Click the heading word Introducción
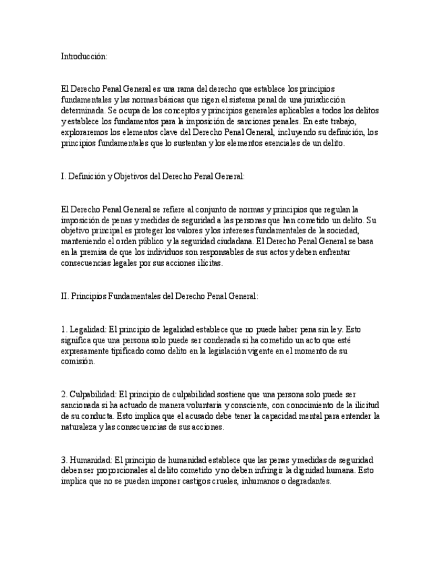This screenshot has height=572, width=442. (x=84, y=57)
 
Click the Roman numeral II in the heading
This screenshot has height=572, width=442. (x=65, y=295)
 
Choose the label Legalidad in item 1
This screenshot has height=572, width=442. (x=88, y=329)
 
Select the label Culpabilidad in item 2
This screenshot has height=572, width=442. (x=93, y=394)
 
